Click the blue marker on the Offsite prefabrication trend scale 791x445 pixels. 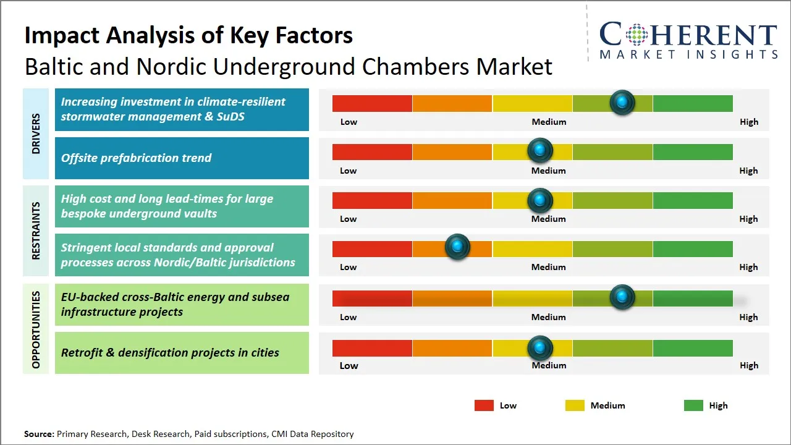coord(540,150)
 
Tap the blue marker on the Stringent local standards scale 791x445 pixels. coord(457,247)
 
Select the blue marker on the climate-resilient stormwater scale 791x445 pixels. coord(622,102)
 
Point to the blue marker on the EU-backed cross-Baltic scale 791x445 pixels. coord(622,297)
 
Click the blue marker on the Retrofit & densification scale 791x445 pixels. coord(540,348)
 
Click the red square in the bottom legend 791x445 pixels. coord(484,405)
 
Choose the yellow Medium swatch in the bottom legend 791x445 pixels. coord(575,405)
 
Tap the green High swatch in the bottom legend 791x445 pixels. coord(693,405)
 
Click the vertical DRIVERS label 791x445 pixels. coord(36,133)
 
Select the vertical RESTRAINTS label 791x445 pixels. coord(36,231)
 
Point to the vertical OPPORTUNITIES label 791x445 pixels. coord(36,329)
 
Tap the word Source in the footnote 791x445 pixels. coord(38,434)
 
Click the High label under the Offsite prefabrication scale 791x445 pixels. coord(748,171)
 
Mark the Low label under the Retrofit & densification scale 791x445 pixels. coord(349,365)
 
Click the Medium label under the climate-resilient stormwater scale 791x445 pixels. coord(549,122)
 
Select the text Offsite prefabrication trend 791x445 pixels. coord(136,158)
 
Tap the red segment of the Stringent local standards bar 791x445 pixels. coord(372,249)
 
